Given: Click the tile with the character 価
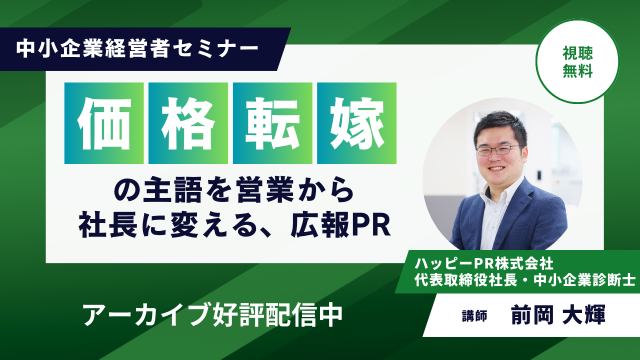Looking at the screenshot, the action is [x=104, y=123].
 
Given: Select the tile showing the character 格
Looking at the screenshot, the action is [x=188, y=123].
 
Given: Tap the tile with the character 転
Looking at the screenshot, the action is [x=273, y=123].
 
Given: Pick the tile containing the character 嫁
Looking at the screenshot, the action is [x=357, y=123].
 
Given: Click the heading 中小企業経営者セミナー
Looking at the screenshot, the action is [x=138, y=49].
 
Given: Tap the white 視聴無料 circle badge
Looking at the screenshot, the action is [x=577, y=62].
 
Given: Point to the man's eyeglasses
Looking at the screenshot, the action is [x=499, y=150].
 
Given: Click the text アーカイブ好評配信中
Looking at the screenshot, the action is [x=213, y=315].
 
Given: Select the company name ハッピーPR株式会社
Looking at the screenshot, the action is [x=484, y=264].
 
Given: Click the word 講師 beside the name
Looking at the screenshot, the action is [x=475, y=316].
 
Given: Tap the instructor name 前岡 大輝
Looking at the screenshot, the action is [x=558, y=315].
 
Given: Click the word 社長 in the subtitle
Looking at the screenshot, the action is [x=107, y=225].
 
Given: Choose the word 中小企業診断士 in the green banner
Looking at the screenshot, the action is [x=584, y=280].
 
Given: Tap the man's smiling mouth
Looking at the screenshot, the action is [x=497, y=168].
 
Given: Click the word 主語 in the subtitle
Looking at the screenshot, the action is [x=172, y=191].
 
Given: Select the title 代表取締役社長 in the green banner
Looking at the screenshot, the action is [x=466, y=280].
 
